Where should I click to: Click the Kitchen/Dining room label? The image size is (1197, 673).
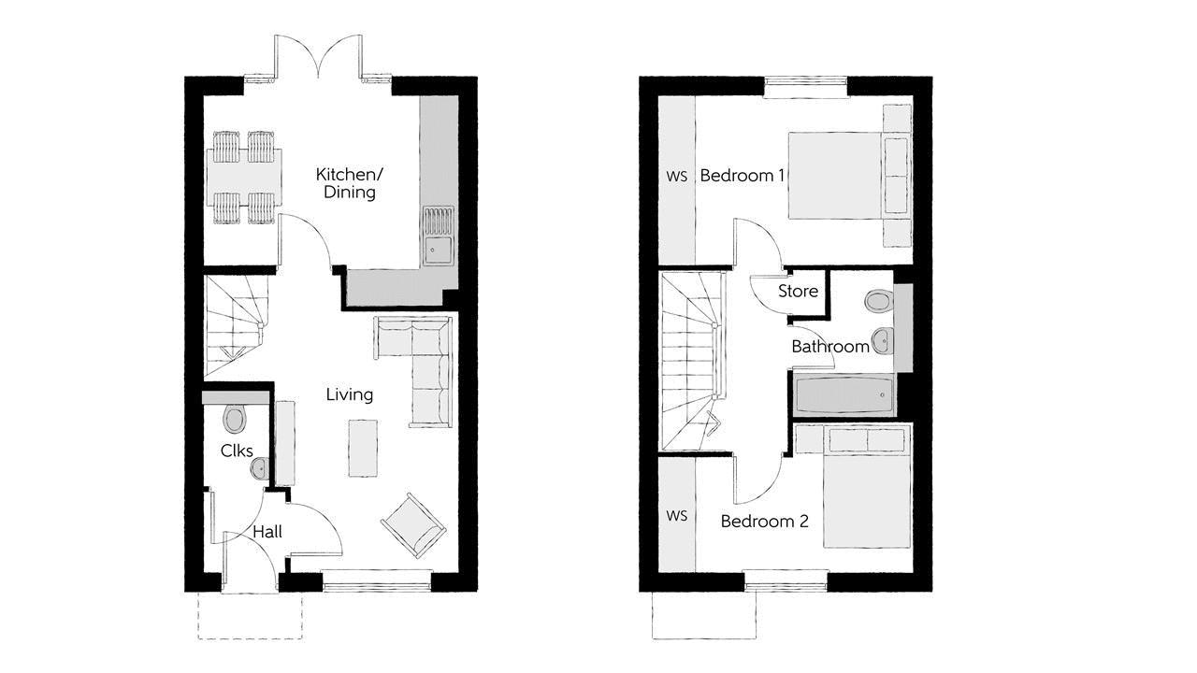(346, 183)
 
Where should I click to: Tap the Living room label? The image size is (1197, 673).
(349, 394)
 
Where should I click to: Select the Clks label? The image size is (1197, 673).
(237, 451)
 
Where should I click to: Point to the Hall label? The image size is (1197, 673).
(267, 532)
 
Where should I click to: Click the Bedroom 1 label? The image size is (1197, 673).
(742, 176)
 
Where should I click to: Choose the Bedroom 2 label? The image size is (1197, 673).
(764, 522)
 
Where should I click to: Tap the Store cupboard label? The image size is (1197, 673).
(798, 291)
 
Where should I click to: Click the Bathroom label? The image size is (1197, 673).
(830, 347)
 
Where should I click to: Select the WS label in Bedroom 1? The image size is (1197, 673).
(677, 176)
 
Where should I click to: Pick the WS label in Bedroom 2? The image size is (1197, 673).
(677, 516)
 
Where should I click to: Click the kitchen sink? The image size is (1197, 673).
(437, 249)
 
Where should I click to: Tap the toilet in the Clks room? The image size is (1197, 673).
(234, 418)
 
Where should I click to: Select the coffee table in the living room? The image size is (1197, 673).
(363, 448)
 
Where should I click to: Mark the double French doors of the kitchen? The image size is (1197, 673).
(318, 58)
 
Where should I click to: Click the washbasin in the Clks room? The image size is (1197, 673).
(259, 469)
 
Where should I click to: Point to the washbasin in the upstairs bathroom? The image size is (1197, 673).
(881, 340)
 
